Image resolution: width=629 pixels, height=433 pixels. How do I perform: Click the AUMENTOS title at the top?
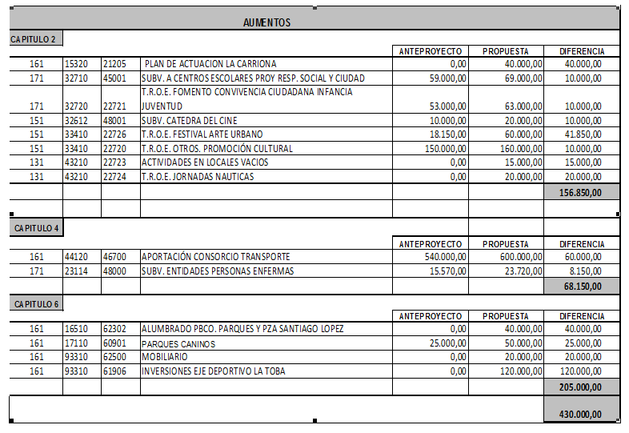[266, 22]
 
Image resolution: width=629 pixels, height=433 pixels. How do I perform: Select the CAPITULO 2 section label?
[33, 38]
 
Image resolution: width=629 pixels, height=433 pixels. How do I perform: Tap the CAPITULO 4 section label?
[37, 228]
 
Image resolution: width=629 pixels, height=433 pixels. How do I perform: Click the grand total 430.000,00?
[582, 415]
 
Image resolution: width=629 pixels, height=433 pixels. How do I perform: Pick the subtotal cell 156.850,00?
[582, 193]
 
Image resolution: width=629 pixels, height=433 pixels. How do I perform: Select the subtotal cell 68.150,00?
[582, 286]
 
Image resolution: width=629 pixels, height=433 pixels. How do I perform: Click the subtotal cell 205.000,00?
[582, 387]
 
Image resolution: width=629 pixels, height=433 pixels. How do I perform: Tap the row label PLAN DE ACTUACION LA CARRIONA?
[210, 64]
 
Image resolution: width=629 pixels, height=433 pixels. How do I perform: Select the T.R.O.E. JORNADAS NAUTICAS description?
[198, 177]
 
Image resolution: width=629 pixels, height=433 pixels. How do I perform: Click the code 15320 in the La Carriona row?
[77, 64]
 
